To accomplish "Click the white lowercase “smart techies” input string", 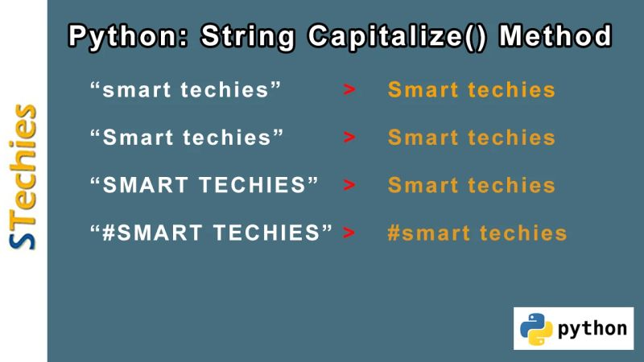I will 186,89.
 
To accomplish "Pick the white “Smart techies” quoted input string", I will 188,138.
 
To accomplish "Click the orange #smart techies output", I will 477,234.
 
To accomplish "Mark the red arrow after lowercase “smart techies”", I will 349,89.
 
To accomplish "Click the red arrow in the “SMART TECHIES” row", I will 349,186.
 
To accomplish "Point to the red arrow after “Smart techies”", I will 349,138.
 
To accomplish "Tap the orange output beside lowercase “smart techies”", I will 472,89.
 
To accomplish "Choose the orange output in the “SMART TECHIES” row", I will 472,186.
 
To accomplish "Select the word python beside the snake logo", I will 592,328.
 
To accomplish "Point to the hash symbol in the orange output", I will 394,234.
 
